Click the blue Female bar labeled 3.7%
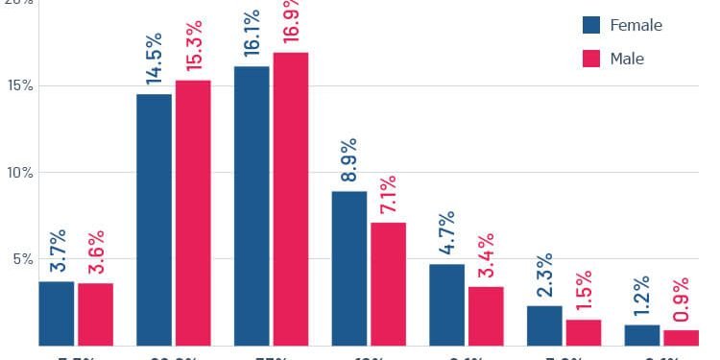click(56, 313)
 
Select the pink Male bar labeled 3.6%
click(95, 314)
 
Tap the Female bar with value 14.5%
click(154, 220)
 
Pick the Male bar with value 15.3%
click(193, 213)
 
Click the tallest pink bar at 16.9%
click(290, 199)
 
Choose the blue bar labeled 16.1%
click(252, 205)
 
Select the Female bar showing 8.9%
click(348, 268)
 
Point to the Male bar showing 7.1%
click(388, 283)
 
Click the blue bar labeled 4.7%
click(446, 304)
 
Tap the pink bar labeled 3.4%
click(485, 316)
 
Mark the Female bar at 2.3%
click(543, 325)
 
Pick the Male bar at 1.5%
click(583, 332)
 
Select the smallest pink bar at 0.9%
click(681, 337)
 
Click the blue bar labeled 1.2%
click(641, 335)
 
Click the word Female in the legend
click(636, 26)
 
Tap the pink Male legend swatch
click(591, 59)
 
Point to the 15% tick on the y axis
click(22, 85)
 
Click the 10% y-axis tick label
click(22, 173)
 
